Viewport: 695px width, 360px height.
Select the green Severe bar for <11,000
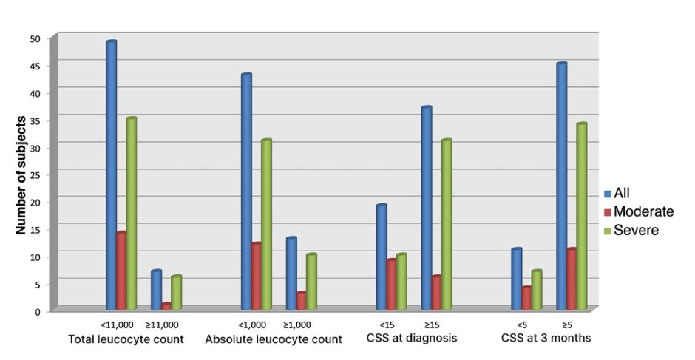pos(131,214)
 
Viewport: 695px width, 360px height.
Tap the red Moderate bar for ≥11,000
pos(166,306)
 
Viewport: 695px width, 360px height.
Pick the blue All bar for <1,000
pos(246,191)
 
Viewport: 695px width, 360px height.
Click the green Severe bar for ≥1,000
pos(311,282)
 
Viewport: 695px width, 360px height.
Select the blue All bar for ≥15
pos(427,208)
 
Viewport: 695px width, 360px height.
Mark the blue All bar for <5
pos(516,279)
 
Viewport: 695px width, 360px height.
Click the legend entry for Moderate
pos(638,212)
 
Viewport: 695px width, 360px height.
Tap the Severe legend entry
pos(631,231)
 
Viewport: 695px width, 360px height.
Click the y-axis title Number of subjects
pos(21,174)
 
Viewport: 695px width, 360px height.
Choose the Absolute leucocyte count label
pos(274,339)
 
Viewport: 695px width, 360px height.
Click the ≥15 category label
pos(432,325)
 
